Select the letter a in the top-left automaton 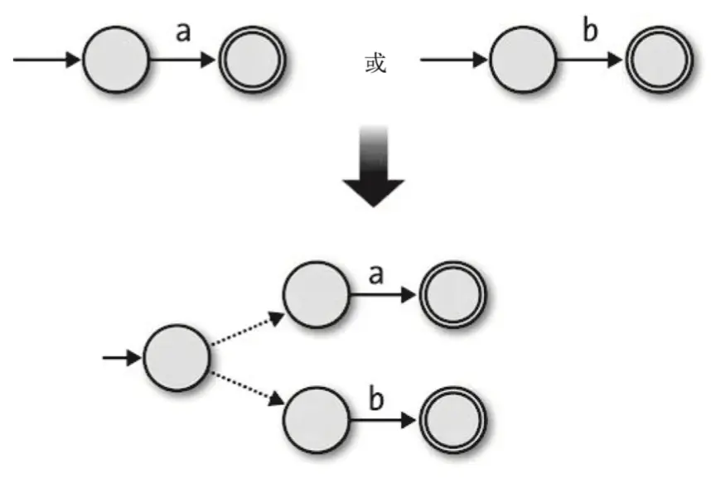[183, 33]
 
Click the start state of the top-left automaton [116, 60]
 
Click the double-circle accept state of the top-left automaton [252, 60]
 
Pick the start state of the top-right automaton [523, 60]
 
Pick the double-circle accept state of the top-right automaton [659, 60]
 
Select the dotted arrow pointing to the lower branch [248, 390]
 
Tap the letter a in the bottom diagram [375, 275]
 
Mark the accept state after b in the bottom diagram [452, 419]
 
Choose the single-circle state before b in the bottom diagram [316, 419]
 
